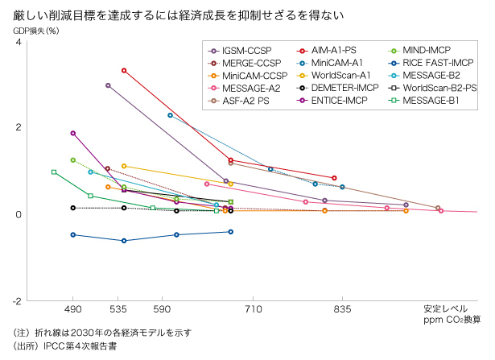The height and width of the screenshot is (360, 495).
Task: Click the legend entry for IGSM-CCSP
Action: (x=246, y=49)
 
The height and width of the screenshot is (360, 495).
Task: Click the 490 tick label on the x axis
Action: (x=73, y=308)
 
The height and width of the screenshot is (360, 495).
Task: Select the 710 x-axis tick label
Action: (x=254, y=308)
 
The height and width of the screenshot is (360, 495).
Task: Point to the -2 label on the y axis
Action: (x=18, y=300)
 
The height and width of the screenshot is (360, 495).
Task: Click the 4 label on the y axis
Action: (x=19, y=41)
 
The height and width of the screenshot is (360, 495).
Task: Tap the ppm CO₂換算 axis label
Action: (x=452, y=320)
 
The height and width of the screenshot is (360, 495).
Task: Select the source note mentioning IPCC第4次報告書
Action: (x=65, y=347)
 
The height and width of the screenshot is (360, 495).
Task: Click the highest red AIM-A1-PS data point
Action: (x=124, y=71)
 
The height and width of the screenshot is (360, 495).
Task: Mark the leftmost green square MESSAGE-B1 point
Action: (x=54, y=172)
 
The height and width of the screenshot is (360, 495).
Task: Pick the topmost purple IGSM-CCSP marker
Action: (x=108, y=85)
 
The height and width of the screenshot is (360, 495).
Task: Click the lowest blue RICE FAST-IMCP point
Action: (x=124, y=241)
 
